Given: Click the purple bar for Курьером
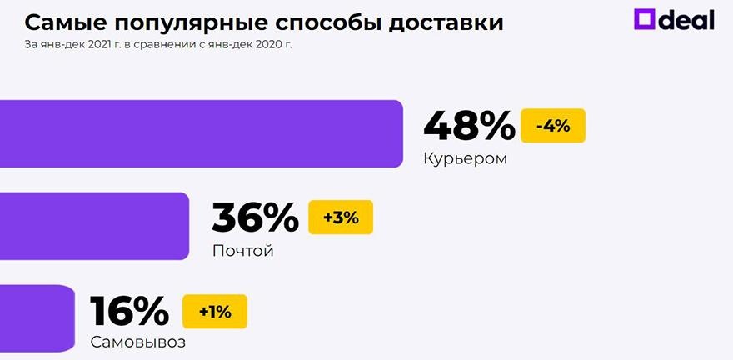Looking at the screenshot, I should click(200, 133).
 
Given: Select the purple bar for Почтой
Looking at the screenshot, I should click(94, 226).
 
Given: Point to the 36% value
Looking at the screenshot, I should click(255, 218).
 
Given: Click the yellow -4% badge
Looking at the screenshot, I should click(553, 126).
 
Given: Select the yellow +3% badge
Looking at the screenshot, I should click(341, 217).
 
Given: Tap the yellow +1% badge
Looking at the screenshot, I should click(215, 312).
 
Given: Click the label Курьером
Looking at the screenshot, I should click(464, 157).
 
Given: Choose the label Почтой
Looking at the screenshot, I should click(242, 250).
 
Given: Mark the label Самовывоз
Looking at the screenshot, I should click(137, 342).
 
